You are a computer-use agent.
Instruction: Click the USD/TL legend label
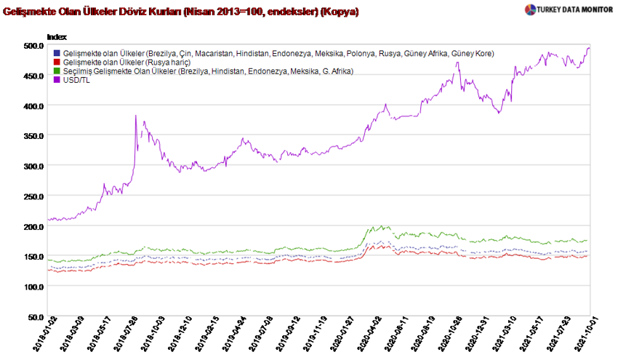[x=77, y=79]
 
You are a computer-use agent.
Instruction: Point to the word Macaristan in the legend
[x=213, y=53]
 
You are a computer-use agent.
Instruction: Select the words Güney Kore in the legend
[x=473, y=53]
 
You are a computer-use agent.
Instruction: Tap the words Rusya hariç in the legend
[x=169, y=62]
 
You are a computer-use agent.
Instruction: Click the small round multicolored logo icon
[x=530, y=9]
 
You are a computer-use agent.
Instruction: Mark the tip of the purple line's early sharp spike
[x=136, y=115]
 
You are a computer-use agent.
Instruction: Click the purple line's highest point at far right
[x=588, y=48]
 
